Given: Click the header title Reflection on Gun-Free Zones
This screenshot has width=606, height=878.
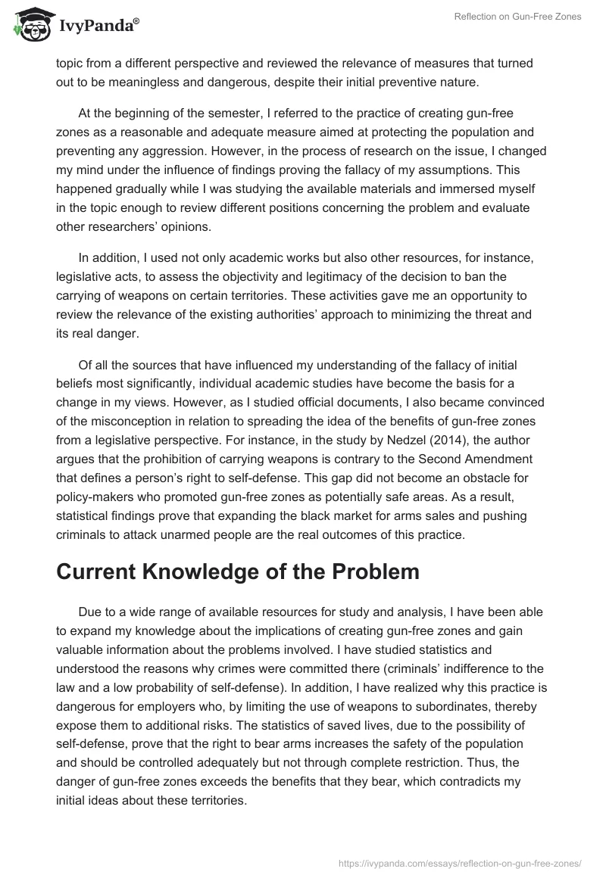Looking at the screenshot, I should point(517,17).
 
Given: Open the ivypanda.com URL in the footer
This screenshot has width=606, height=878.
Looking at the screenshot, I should point(461,861).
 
